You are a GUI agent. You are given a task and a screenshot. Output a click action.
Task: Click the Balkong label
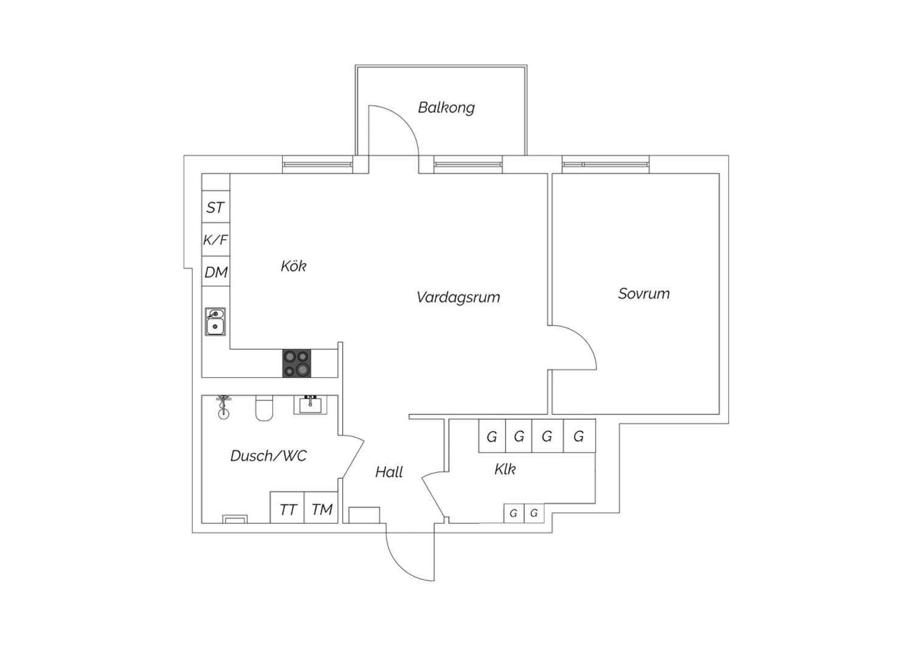click(x=446, y=108)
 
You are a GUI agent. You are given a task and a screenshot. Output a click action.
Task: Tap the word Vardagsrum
click(x=458, y=298)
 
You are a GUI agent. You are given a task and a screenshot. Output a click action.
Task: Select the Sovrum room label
click(x=644, y=293)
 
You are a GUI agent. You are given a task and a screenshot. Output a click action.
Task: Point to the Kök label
click(x=294, y=266)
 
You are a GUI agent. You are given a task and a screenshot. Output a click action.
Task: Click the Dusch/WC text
click(x=268, y=456)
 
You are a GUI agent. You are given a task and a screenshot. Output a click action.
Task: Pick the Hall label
click(x=389, y=472)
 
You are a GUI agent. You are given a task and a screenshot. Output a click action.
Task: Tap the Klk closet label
click(x=505, y=469)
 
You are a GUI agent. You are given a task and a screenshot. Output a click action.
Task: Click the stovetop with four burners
click(x=297, y=363)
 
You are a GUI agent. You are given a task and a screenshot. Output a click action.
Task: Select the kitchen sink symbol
click(x=215, y=321)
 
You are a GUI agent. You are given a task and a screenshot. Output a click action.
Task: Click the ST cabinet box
click(x=216, y=206)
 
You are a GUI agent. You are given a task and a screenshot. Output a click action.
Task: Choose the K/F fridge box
click(x=216, y=240)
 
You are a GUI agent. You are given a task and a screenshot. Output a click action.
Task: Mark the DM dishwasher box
click(x=216, y=271)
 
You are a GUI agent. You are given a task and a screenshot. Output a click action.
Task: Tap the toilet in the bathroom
click(x=264, y=408)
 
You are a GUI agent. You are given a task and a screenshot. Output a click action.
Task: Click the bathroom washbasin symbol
click(x=310, y=405)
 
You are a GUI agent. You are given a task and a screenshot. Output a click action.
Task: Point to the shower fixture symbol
click(x=223, y=406)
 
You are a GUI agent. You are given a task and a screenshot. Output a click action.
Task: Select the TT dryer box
click(x=288, y=507)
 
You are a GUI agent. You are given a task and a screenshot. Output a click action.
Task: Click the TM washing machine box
click(x=321, y=507)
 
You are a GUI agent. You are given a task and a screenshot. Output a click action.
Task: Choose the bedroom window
click(x=606, y=165)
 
